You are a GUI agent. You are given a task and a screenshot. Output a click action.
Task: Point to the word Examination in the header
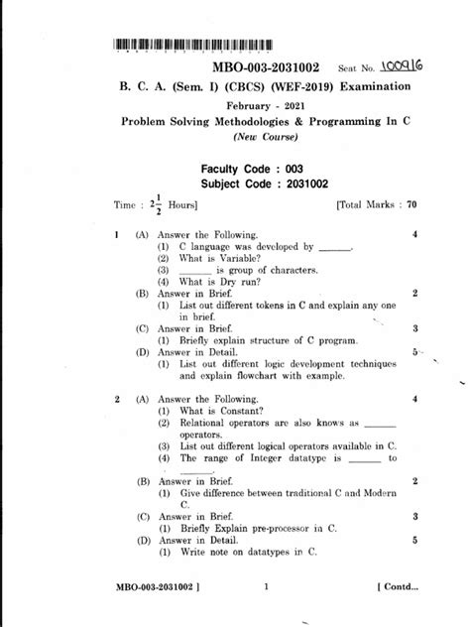[376, 87]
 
